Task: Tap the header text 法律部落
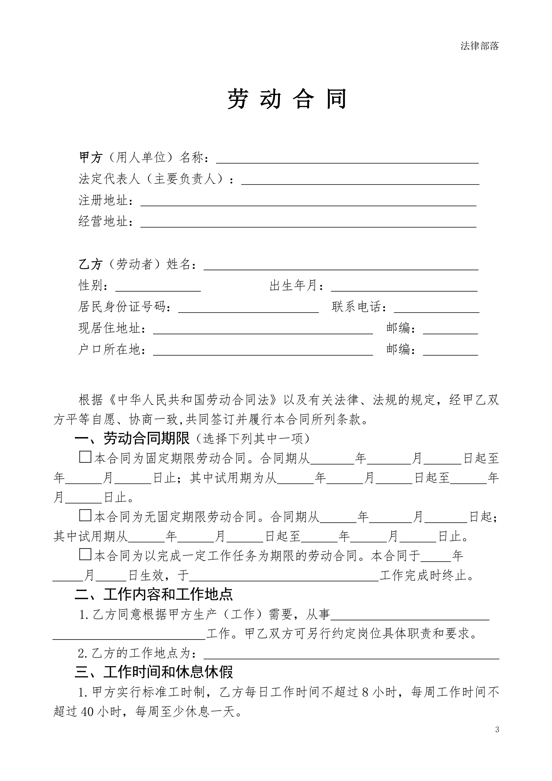pyautogui.click(x=479, y=46)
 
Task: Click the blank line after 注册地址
pyautogui.click(x=308, y=202)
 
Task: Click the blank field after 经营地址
pyautogui.click(x=308, y=223)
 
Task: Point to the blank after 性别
pyautogui.click(x=158, y=287)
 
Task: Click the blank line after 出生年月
pyautogui.click(x=404, y=287)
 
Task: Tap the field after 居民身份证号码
pyautogui.click(x=248, y=308)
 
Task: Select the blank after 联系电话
pyautogui.click(x=436, y=308)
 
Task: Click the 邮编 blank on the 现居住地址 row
pyautogui.click(x=450, y=329)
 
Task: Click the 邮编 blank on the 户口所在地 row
pyautogui.click(x=450, y=350)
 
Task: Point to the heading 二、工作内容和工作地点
pyautogui.click(x=154, y=594)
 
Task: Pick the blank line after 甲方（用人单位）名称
pyautogui.click(x=347, y=159)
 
